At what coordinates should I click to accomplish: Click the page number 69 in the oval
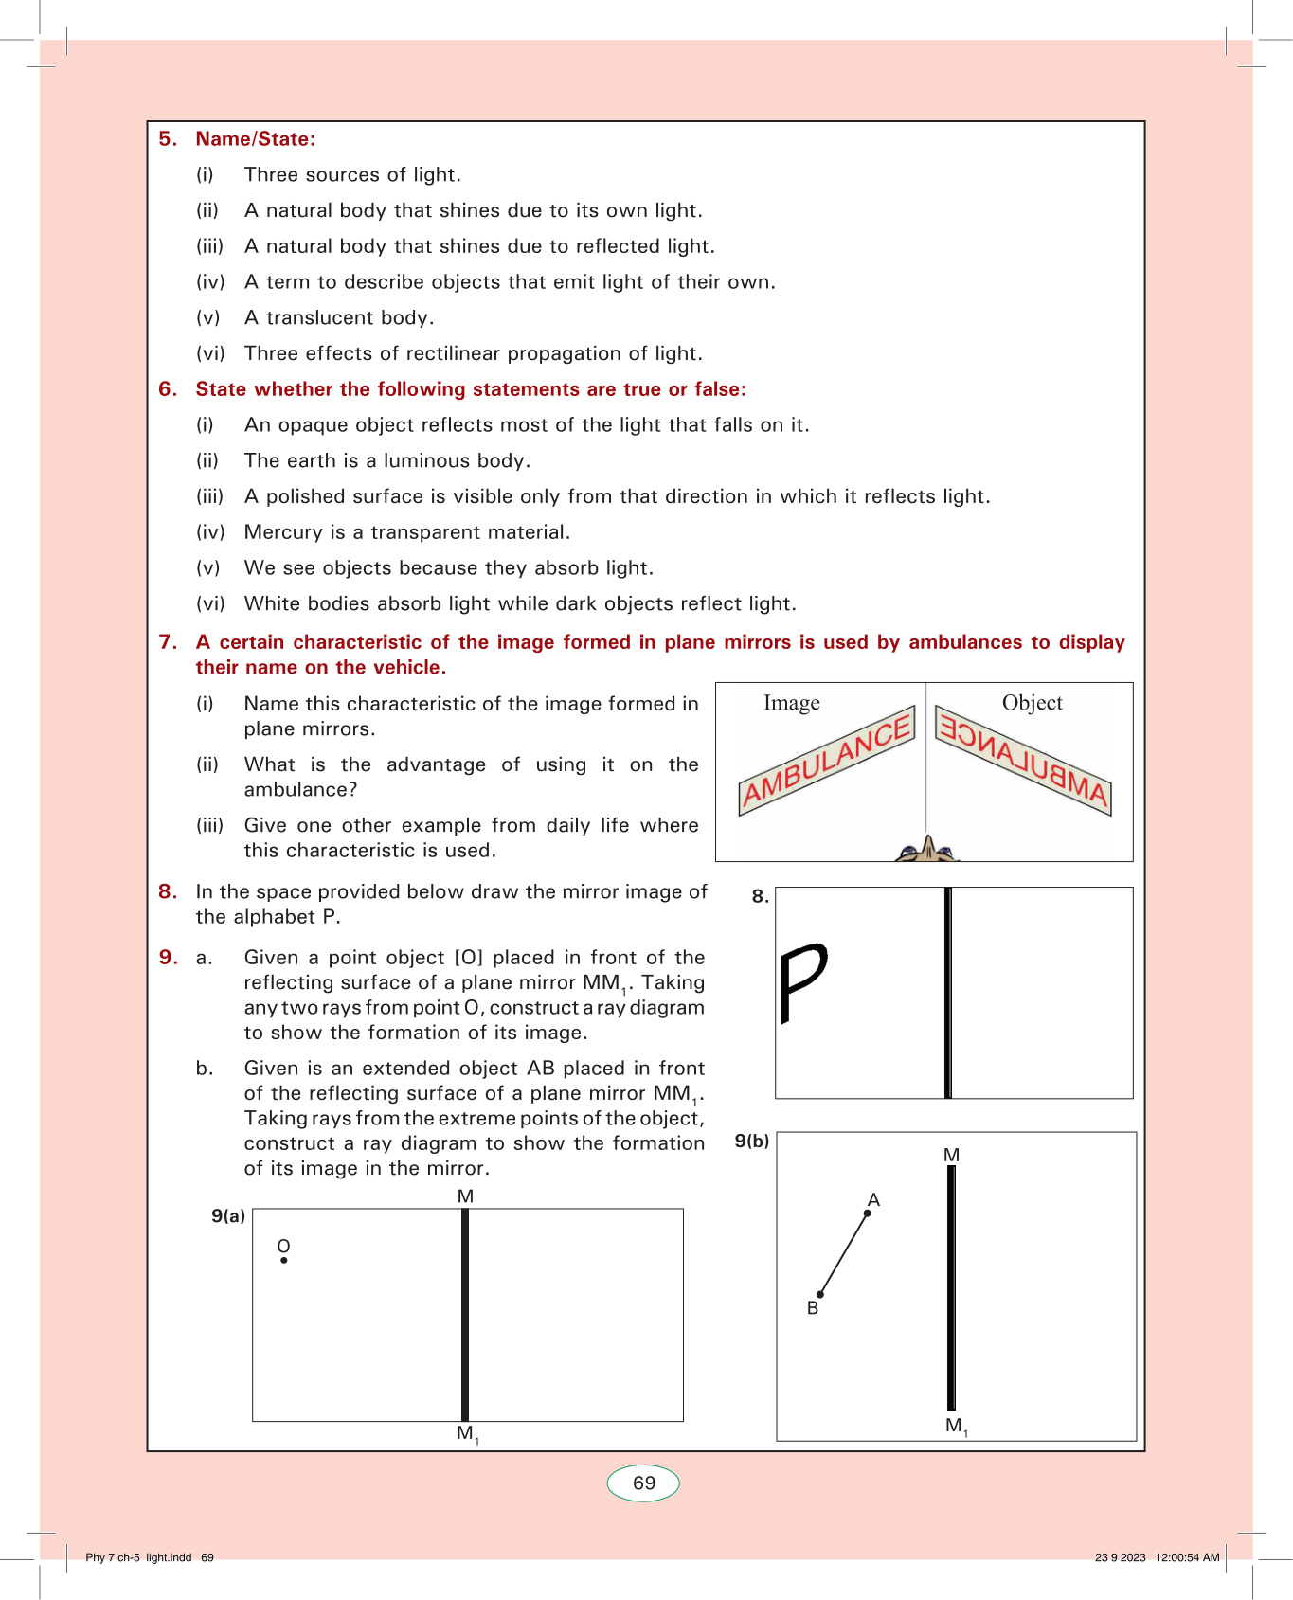click(x=644, y=1483)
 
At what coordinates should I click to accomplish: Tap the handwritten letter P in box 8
click(x=801, y=980)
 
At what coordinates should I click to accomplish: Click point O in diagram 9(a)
click(x=284, y=1260)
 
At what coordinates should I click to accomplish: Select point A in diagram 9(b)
click(x=868, y=1213)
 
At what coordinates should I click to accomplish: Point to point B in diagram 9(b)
click(x=820, y=1294)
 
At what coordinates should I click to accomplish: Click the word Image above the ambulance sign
click(x=792, y=703)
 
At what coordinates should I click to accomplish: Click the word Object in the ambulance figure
click(x=1032, y=703)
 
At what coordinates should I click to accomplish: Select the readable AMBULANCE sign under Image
click(x=826, y=761)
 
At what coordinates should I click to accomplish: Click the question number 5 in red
click(x=167, y=139)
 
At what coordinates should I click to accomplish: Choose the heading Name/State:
click(x=256, y=139)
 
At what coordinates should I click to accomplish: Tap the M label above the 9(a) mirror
click(x=465, y=1196)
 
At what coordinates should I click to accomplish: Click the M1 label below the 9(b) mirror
click(x=956, y=1426)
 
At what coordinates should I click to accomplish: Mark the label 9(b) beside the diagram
click(x=752, y=1141)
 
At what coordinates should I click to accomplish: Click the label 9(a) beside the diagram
click(x=228, y=1216)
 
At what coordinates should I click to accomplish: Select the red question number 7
click(x=167, y=642)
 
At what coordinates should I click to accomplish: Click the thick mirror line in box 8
click(x=947, y=993)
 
